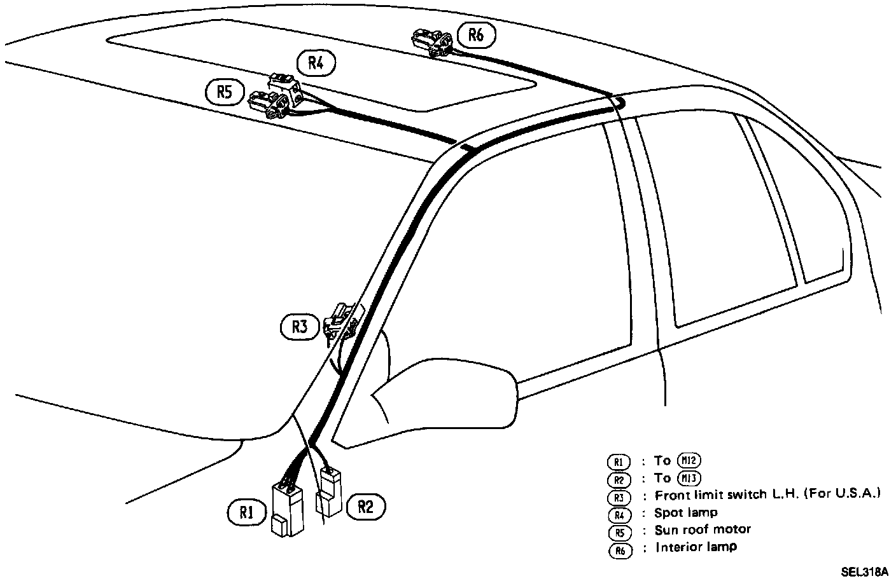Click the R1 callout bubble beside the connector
tap(246, 512)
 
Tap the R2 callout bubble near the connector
tap(365, 506)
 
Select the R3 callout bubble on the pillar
tap(300, 327)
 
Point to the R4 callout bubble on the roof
tap(316, 63)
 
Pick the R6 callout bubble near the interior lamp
tap(475, 35)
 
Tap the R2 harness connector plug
tap(329, 493)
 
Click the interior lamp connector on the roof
tap(433, 42)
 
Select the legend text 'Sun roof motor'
tap(703, 530)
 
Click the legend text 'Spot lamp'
tap(685, 512)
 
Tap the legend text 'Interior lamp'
tap(696, 547)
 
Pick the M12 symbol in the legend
tap(690, 461)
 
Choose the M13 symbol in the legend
tap(690, 478)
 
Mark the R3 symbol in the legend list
tap(619, 496)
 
